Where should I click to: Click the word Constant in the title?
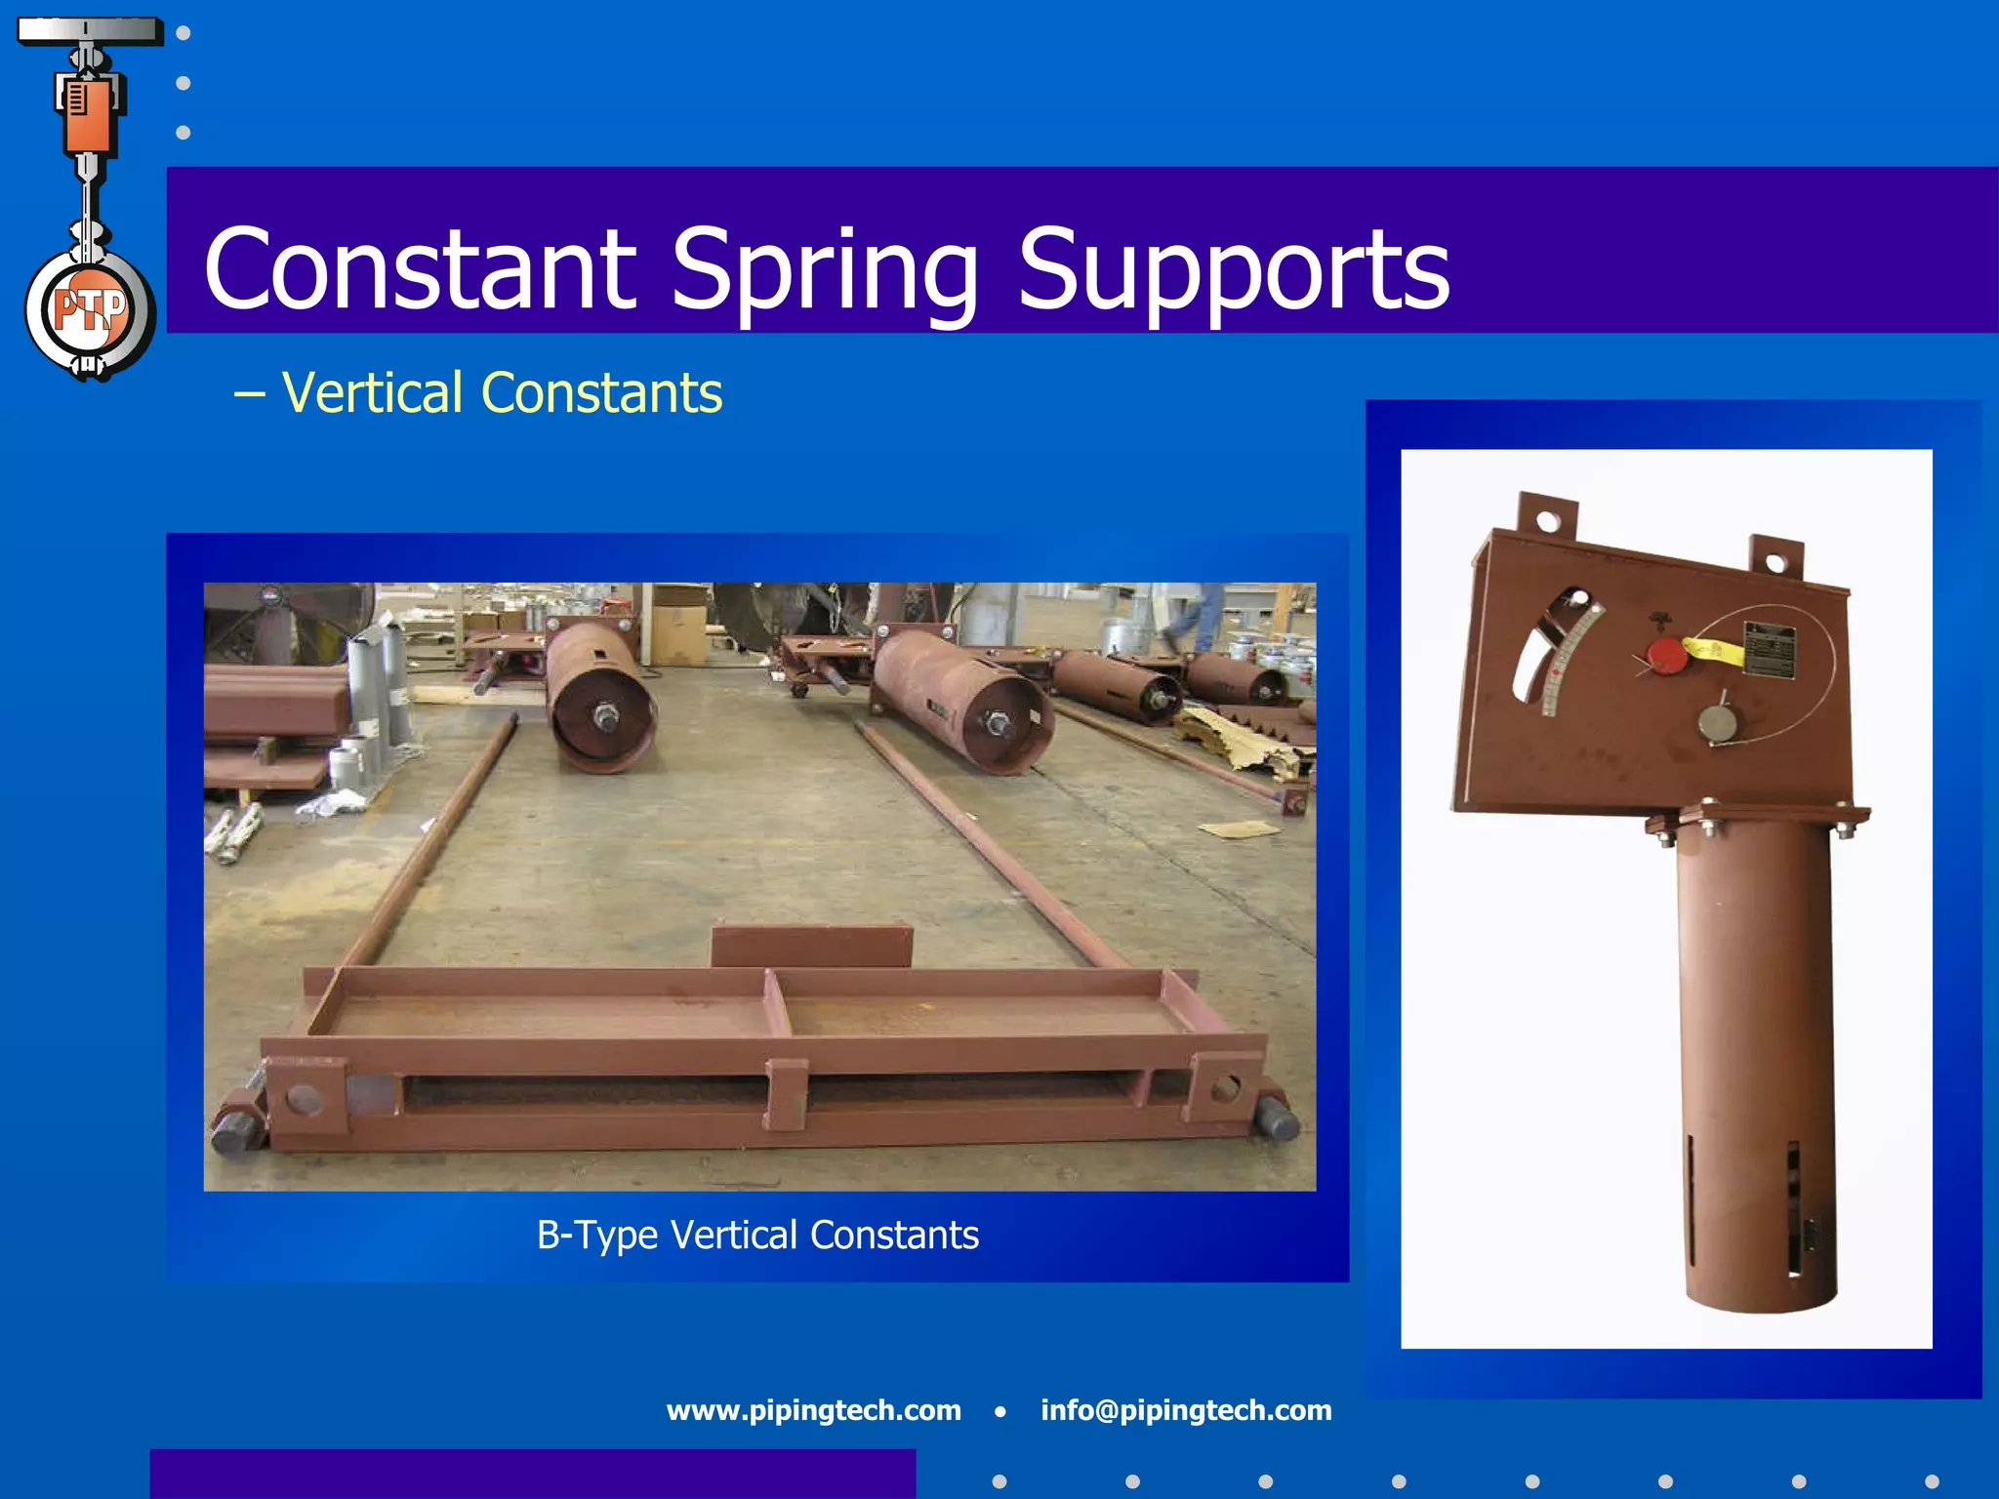pos(420,268)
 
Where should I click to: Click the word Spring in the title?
pos(825,268)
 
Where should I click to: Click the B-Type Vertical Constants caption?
pos(757,1236)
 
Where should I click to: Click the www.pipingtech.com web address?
pos(813,1410)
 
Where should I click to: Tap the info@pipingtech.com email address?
pos(1185,1410)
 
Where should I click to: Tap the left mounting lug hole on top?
pos(1548,520)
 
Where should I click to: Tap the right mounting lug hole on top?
pos(1775,563)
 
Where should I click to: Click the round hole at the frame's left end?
pos(304,1100)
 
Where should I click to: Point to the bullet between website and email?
pos(999,1411)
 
